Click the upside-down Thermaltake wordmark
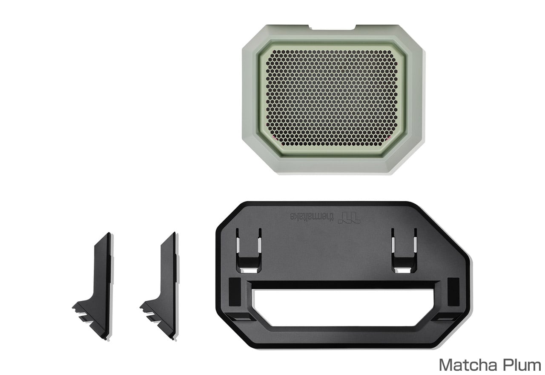coord(313,216)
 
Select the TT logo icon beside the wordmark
coord(350,217)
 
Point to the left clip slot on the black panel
coord(248,251)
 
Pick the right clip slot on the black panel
coord(404,251)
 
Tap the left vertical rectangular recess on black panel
coord(235,292)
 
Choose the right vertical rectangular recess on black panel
coord(453,292)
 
